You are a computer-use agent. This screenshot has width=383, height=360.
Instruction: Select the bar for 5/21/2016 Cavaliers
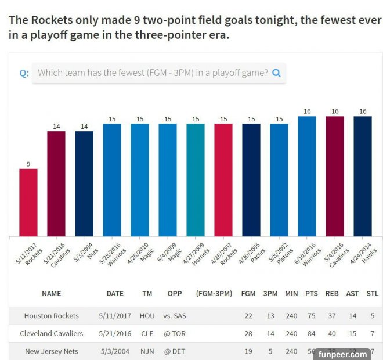(x=56, y=183)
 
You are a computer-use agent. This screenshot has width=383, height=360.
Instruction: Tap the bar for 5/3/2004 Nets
(x=84, y=183)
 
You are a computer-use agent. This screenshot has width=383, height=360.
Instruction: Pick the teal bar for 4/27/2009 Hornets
(x=196, y=180)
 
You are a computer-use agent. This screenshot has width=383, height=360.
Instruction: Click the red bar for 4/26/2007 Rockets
(x=223, y=180)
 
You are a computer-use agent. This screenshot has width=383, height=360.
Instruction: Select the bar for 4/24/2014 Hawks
(x=363, y=176)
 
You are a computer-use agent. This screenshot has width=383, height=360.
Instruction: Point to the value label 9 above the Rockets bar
(x=28, y=164)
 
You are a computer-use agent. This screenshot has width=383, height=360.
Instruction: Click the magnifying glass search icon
(x=276, y=73)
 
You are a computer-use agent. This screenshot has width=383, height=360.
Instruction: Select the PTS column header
(x=311, y=293)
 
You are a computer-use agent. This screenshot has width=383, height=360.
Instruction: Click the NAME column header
(x=51, y=293)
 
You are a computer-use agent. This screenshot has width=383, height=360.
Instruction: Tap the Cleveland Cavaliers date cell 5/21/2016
(x=114, y=333)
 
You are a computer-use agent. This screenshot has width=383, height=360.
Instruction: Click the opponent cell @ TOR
(x=175, y=333)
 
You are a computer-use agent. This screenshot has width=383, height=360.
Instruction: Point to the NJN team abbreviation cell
(x=147, y=351)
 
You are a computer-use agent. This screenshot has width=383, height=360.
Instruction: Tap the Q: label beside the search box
(x=24, y=74)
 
